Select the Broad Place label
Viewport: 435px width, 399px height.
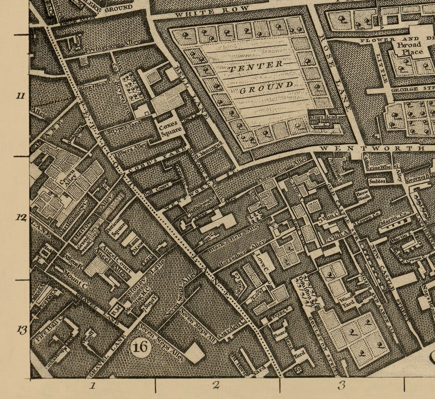pos(409,48)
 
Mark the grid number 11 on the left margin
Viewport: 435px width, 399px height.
pos(20,96)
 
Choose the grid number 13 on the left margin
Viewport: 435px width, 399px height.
pos(21,330)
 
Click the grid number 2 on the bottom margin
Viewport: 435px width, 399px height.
pos(216,385)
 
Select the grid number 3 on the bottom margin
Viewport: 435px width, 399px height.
pos(341,385)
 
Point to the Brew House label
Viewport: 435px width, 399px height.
pos(362,194)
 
